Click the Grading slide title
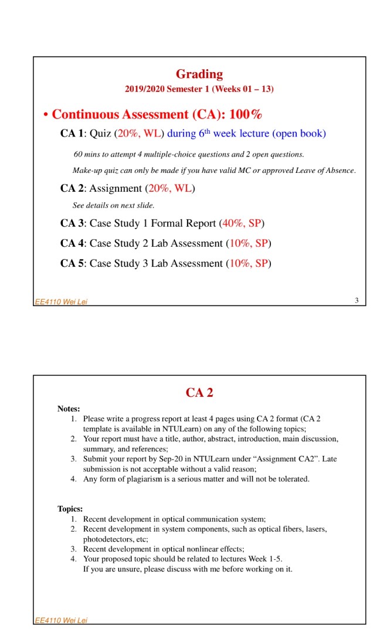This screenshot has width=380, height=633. pos(199,74)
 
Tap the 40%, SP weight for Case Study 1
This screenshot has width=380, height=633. pos(242,223)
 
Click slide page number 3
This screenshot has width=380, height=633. pos(356,301)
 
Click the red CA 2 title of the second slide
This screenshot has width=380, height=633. pos(199,393)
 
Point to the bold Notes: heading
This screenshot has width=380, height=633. pos(69,409)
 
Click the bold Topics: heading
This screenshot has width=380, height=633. pos(70,509)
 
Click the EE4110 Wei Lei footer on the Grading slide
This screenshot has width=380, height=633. pos(61,302)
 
